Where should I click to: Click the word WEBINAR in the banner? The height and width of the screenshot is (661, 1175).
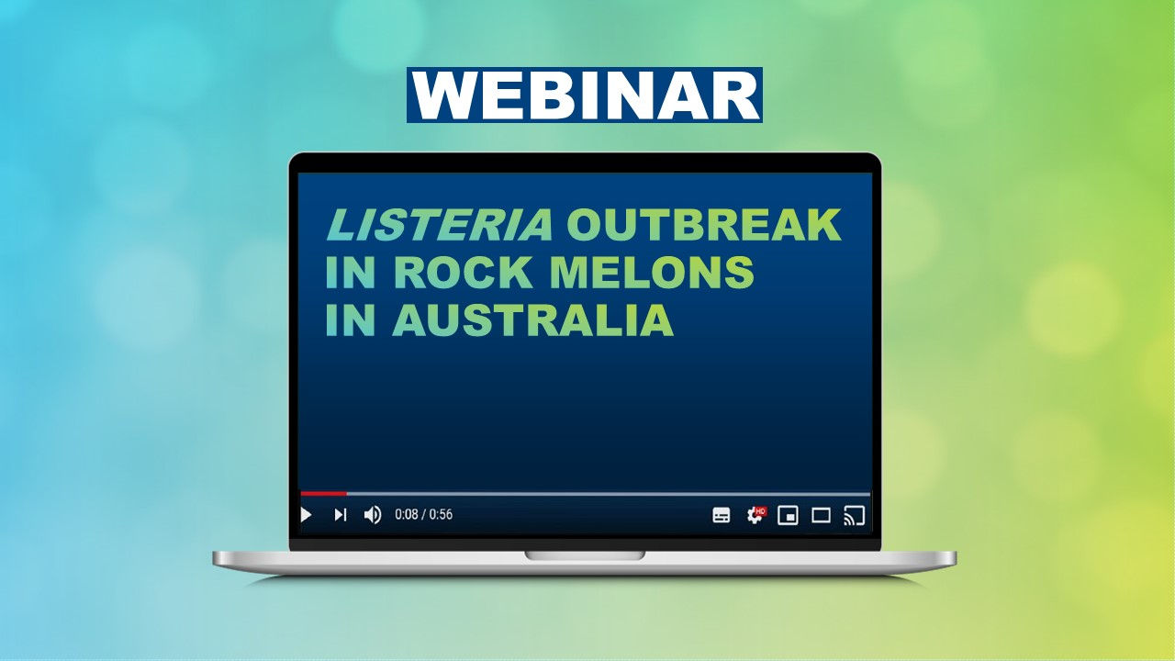[585, 95]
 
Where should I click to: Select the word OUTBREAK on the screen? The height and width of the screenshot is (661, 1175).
[704, 225]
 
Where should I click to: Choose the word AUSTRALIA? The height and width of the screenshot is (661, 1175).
[533, 320]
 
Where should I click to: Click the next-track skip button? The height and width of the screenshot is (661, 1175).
[340, 515]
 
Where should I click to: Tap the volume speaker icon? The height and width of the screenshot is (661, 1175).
[372, 515]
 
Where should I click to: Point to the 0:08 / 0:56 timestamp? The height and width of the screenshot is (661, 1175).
[423, 515]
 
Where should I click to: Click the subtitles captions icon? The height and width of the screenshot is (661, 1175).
[722, 515]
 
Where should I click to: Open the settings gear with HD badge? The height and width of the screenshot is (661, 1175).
[755, 515]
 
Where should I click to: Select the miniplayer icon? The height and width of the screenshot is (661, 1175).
[788, 515]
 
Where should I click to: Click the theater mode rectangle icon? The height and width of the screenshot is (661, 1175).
[821, 515]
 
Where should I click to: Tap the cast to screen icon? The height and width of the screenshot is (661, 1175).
[854, 515]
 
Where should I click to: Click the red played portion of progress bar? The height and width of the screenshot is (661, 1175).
[323, 494]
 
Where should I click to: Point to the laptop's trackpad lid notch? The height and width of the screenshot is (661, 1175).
[585, 555]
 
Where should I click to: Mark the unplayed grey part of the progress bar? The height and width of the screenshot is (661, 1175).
[606, 494]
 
